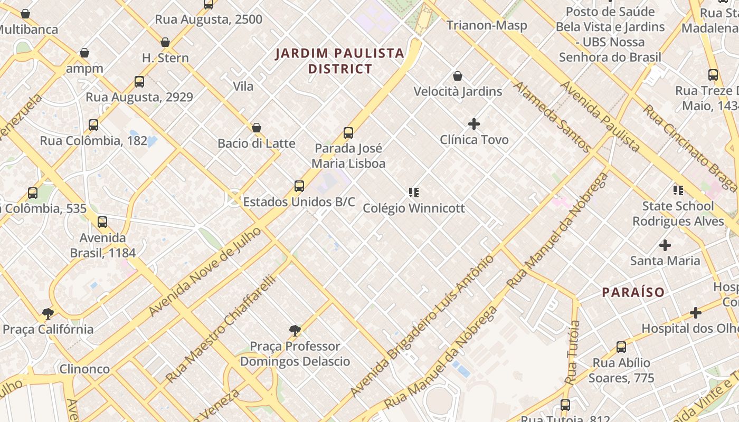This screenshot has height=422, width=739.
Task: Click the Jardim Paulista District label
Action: click(340, 61)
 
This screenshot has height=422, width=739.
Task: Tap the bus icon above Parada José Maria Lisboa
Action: click(348, 133)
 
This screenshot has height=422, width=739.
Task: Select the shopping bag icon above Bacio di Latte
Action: click(257, 128)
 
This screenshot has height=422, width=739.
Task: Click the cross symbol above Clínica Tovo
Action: click(474, 124)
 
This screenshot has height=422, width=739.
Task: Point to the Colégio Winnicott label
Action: click(414, 208)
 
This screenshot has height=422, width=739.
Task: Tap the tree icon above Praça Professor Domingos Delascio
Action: click(295, 331)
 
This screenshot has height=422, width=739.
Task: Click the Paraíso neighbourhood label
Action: click(633, 292)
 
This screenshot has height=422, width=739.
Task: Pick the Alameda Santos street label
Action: click(552, 117)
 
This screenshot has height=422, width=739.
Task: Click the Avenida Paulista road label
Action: click(600, 116)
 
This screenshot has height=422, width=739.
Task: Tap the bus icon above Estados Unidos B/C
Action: click(299, 186)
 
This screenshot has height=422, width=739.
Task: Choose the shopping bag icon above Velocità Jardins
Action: click(458, 76)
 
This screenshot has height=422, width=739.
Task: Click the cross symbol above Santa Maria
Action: click(665, 245)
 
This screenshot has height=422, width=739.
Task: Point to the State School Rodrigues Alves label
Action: click(678, 213)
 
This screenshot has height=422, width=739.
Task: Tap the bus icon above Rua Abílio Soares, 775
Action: click(621, 347)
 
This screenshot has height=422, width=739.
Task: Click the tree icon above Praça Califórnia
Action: click(48, 314)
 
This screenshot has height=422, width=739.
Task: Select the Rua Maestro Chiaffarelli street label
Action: click(221, 329)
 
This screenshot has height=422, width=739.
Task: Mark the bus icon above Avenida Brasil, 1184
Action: click(102, 222)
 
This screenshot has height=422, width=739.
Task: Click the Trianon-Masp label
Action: click(487, 25)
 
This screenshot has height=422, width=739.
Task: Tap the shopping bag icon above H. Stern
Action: click(165, 42)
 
